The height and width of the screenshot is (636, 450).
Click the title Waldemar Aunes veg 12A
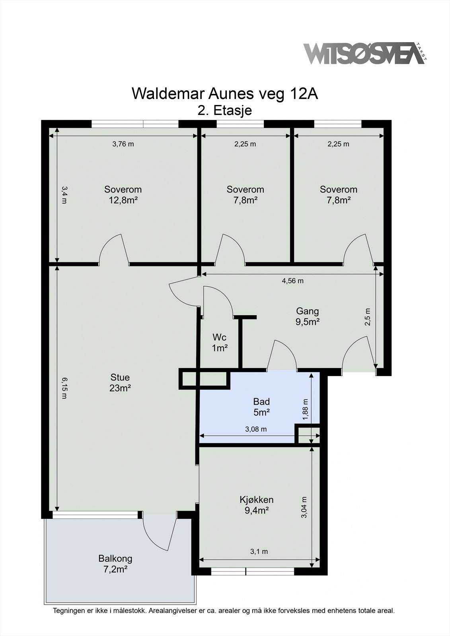pos(225,93)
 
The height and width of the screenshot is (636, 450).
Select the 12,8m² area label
pos(123,200)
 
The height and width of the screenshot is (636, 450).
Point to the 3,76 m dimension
pos(123,144)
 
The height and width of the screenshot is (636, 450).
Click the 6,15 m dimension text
pos(64,388)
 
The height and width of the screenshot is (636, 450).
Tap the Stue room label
pos(120,377)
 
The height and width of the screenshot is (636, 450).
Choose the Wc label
pos(220,337)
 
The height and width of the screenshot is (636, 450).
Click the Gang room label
pos(307,311)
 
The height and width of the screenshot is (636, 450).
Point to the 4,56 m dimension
pos(292,281)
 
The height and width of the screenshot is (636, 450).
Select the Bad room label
pos(261,401)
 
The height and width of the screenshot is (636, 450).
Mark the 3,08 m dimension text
pos(256,429)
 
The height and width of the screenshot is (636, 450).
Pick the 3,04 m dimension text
pos(304,507)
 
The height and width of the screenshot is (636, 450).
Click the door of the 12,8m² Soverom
pos(114,249)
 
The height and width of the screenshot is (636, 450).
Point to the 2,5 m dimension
pos(368,317)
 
